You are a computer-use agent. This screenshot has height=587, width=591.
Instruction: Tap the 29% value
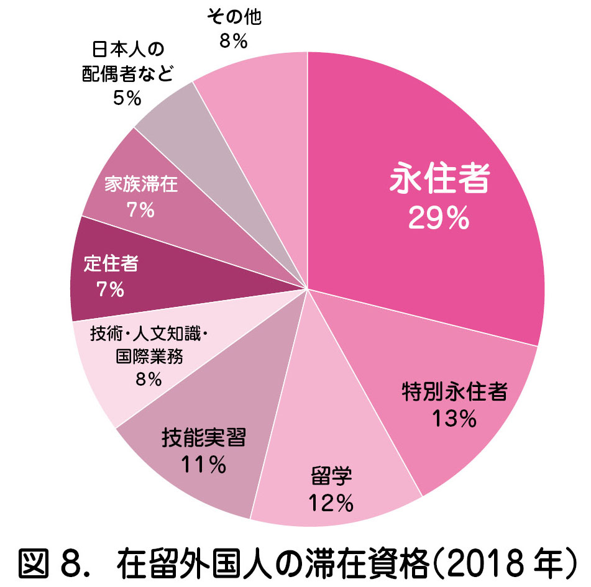point(438,218)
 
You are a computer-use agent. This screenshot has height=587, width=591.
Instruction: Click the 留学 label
point(331,476)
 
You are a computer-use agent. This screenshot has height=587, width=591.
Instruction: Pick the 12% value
point(331,503)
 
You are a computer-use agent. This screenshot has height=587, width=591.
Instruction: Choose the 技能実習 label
point(203,437)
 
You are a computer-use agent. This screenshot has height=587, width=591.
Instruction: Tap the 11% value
point(203,465)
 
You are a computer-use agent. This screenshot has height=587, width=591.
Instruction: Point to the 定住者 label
point(111,263)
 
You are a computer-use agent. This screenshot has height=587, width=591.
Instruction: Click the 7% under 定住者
point(111,289)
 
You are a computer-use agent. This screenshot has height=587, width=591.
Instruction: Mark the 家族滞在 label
point(140,185)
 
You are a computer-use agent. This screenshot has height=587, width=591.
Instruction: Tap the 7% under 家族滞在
point(140,211)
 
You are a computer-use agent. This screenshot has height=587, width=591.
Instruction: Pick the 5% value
point(127,98)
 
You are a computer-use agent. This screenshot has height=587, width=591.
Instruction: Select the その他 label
point(234,17)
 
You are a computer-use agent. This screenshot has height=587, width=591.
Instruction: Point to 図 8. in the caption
point(54,563)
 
